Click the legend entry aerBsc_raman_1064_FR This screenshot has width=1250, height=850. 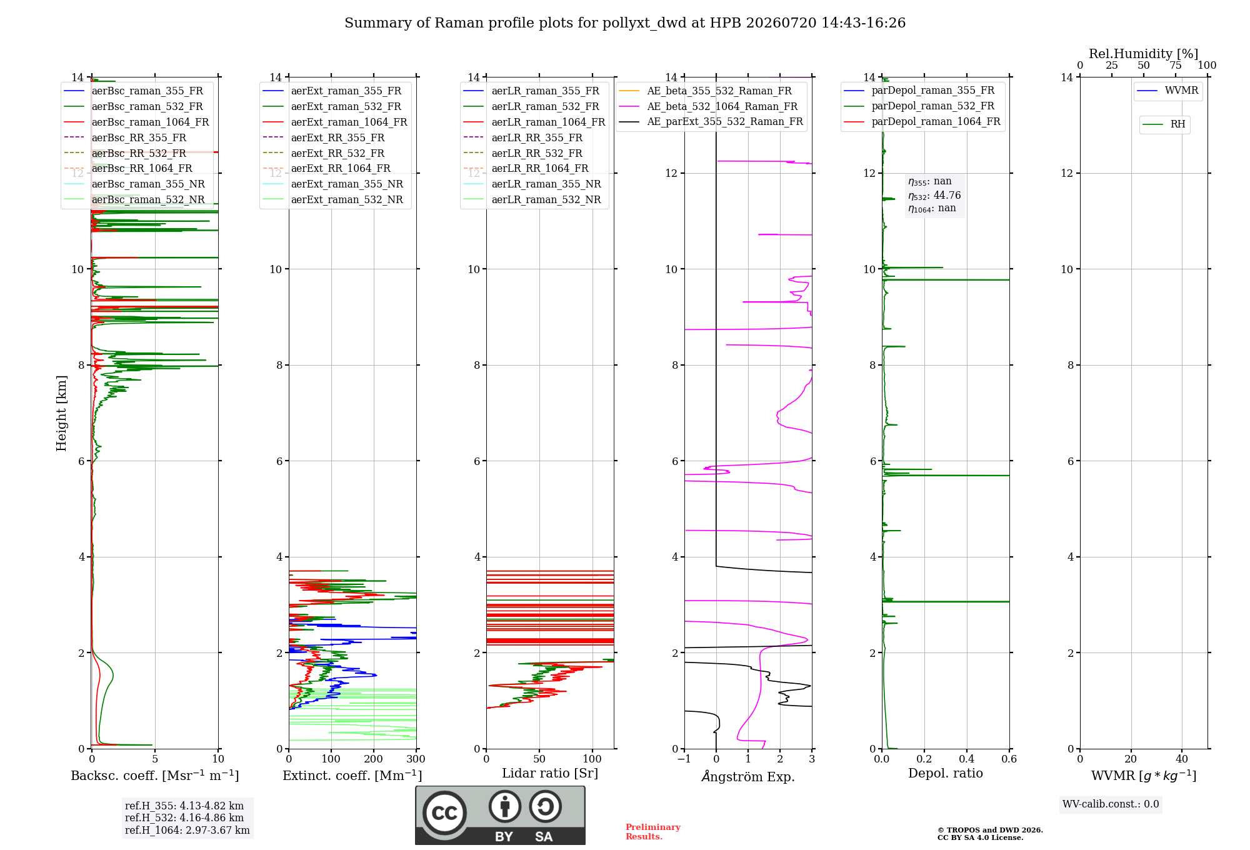(150, 122)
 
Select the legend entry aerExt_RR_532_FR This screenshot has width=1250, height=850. (337, 153)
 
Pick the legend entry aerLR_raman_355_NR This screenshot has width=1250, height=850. (546, 184)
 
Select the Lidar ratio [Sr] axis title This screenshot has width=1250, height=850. (550, 774)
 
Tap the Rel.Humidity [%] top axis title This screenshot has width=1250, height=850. (1144, 54)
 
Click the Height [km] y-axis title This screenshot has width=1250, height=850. (61, 413)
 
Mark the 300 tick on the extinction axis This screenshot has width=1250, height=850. (416, 759)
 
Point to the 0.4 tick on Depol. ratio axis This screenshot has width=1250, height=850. (967, 759)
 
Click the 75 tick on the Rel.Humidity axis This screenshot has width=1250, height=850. (1176, 66)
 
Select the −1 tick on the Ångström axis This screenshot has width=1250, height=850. (684, 759)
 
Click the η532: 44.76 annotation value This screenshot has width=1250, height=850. (934, 196)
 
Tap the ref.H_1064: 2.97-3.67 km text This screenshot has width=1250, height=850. (187, 831)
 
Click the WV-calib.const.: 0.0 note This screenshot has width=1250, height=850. (1111, 804)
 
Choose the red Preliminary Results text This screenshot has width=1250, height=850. (653, 832)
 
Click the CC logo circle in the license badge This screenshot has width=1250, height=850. (444, 813)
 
